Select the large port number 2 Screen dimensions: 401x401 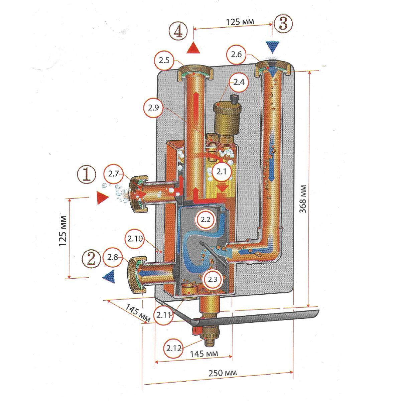[91, 258]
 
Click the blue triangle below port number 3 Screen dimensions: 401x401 [273, 47]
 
